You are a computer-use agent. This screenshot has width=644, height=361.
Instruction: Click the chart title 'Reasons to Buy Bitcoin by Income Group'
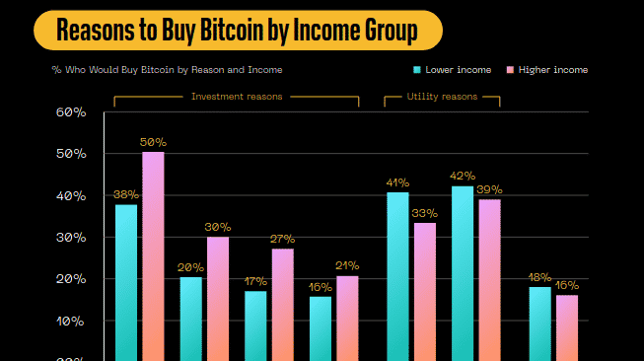pyautogui.click(x=237, y=31)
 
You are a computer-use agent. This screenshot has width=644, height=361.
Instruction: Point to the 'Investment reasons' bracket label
pyautogui.click(x=237, y=97)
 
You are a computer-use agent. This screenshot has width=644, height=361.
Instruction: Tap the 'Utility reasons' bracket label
pyautogui.click(x=443, y=97)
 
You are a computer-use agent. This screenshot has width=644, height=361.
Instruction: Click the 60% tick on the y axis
pyautogui.click(x=71, y=112)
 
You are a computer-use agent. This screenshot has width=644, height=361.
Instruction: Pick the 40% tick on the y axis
pyautogui.click(x=71, y=196)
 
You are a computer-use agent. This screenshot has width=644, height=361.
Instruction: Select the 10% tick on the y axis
pyautogui.click(x=71, y=322)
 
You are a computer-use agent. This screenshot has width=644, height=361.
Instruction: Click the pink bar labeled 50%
pyautogui.click(x=153, y=256)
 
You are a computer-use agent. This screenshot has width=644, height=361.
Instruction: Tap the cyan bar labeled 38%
pyautogui.click(x=126, y=281)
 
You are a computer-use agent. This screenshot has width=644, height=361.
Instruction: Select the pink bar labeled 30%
pyautogui.click(x=217, y=296)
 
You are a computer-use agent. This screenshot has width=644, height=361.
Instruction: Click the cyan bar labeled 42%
pyautogui.click(x=463, y=271)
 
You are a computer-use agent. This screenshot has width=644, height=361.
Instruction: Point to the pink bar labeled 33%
pyautogui.click(x=424, y=291)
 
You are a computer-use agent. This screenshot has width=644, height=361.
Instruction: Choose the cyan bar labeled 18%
pyautogui.click(x=540, y=324)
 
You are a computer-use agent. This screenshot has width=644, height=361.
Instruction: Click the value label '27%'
pyautogui.click(x=282, y=240)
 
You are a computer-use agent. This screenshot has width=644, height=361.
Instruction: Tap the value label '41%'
pyautogui.click(x=397, y=182)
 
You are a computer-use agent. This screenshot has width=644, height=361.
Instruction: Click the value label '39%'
pyautogui.click(x=489, y=189)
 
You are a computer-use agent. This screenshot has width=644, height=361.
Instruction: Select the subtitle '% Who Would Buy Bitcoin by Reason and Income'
pyautogui.click(x=168, y=70)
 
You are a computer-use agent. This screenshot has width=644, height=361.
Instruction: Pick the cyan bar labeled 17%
pyautogui.click(x=255, y=325)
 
